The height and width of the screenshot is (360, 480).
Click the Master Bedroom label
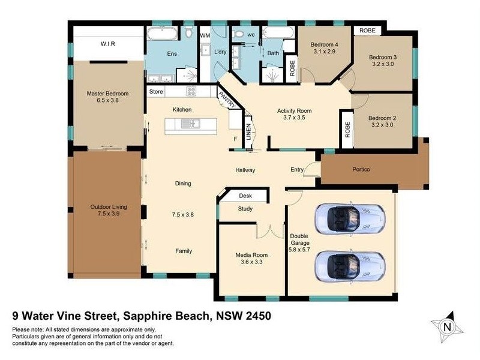coord(107,93)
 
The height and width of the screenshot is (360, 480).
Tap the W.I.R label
coord(108,43)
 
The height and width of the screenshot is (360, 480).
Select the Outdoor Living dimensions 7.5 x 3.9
coord(107,213)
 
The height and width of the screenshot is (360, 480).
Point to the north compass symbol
coord(446,326)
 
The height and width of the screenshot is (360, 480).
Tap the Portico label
coord(361,170)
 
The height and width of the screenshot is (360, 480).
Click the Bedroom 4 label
coord(324,45)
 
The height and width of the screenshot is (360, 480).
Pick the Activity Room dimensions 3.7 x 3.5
coord(294,118)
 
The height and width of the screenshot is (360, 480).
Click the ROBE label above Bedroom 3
coord(367,30)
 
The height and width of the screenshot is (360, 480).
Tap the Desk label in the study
coord(245,196)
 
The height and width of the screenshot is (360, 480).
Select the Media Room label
coord(251,254)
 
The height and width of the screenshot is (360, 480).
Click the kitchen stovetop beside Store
coord(192,92)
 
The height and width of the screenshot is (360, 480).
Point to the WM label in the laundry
coord(205,35)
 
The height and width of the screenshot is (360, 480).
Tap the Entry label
coord(297,170)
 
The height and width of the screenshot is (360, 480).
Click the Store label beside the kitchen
coord(156,92)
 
